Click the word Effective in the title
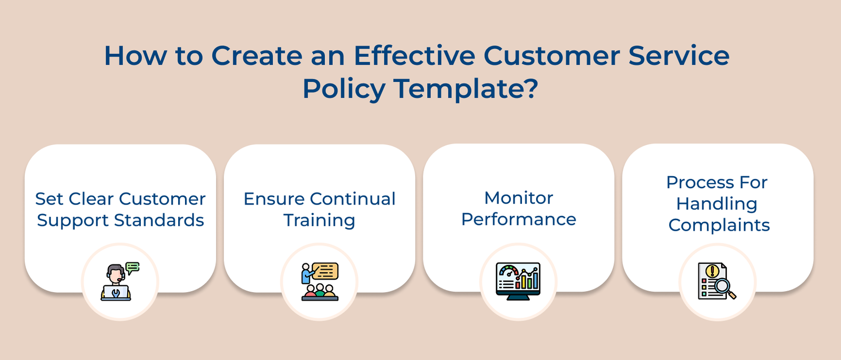click(x=414, y=55)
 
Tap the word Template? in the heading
click(x=466, y=88)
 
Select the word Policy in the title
click(x=344, y=88)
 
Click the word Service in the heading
click(x=679, y=55)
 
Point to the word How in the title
click(x=135, y=55)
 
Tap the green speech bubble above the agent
click(x=132, y=268)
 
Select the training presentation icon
click(x=320, y=282)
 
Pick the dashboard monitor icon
click(x=518, y=281)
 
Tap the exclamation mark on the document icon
click(x=712, y=271)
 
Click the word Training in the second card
click(x=320, y=220)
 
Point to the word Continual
click(x=352, y=199)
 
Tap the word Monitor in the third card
click(x=518, y=198)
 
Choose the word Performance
click(x=518, y=219)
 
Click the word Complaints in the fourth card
click(x=719, y=225)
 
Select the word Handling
click(x=717, y=204)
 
